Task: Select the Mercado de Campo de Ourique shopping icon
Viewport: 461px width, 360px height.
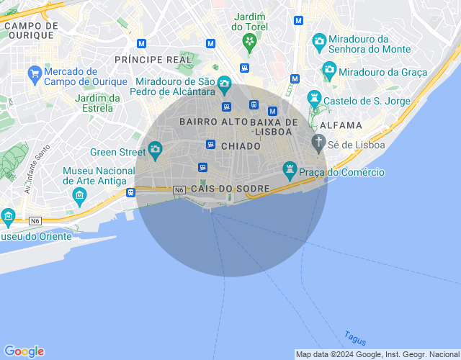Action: click(34, 73)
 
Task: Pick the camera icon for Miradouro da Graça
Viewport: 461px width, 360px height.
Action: click(329, 71)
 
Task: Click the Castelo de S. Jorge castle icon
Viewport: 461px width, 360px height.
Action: click(314, 97)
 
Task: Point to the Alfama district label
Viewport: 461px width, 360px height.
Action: click(341, 125)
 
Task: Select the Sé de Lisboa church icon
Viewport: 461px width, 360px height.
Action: click(318, 143)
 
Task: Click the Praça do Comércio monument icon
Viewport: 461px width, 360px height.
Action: click(290, 171)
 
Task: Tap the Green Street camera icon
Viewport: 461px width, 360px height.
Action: click(155, 150)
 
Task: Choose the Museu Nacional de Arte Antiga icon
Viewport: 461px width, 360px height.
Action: click(79, 195)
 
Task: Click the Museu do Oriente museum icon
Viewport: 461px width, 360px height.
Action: click(8, 216)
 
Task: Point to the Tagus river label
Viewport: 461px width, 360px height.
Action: click(355, 337)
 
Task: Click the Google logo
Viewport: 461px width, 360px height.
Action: click(24, 351)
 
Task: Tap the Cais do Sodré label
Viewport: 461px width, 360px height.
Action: click(230, 189)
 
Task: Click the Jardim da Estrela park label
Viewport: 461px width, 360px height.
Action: click(98, 103)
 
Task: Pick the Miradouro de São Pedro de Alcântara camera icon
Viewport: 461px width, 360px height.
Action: click(224, 84)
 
